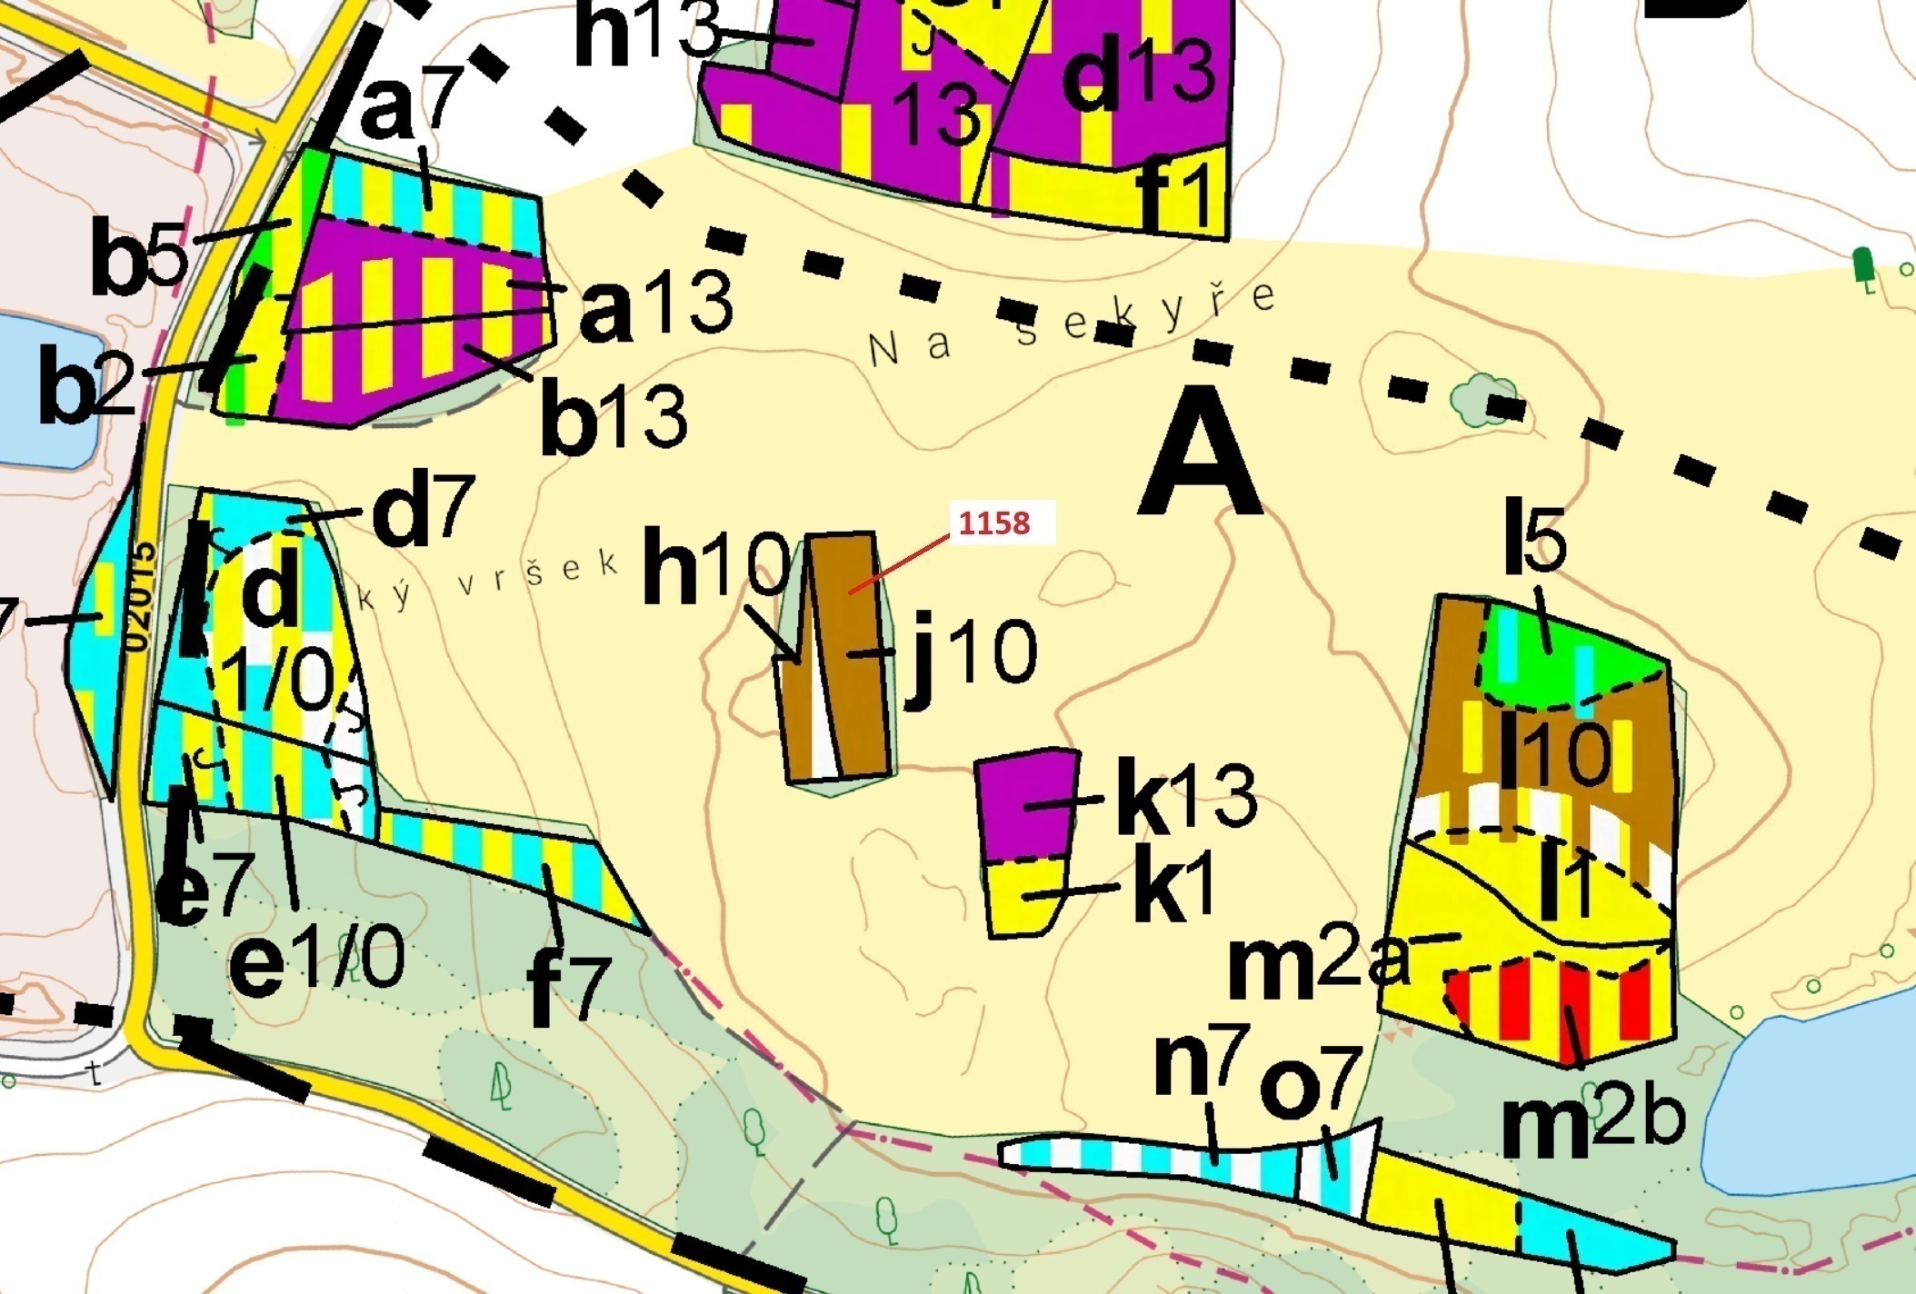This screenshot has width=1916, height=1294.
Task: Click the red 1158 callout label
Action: (995, 523)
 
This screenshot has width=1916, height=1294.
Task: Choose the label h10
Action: (716, 568)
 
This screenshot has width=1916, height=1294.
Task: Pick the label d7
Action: (423, 513)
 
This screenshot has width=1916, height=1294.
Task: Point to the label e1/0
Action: (316, 961)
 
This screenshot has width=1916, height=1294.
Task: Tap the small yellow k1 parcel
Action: (1025, 898)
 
